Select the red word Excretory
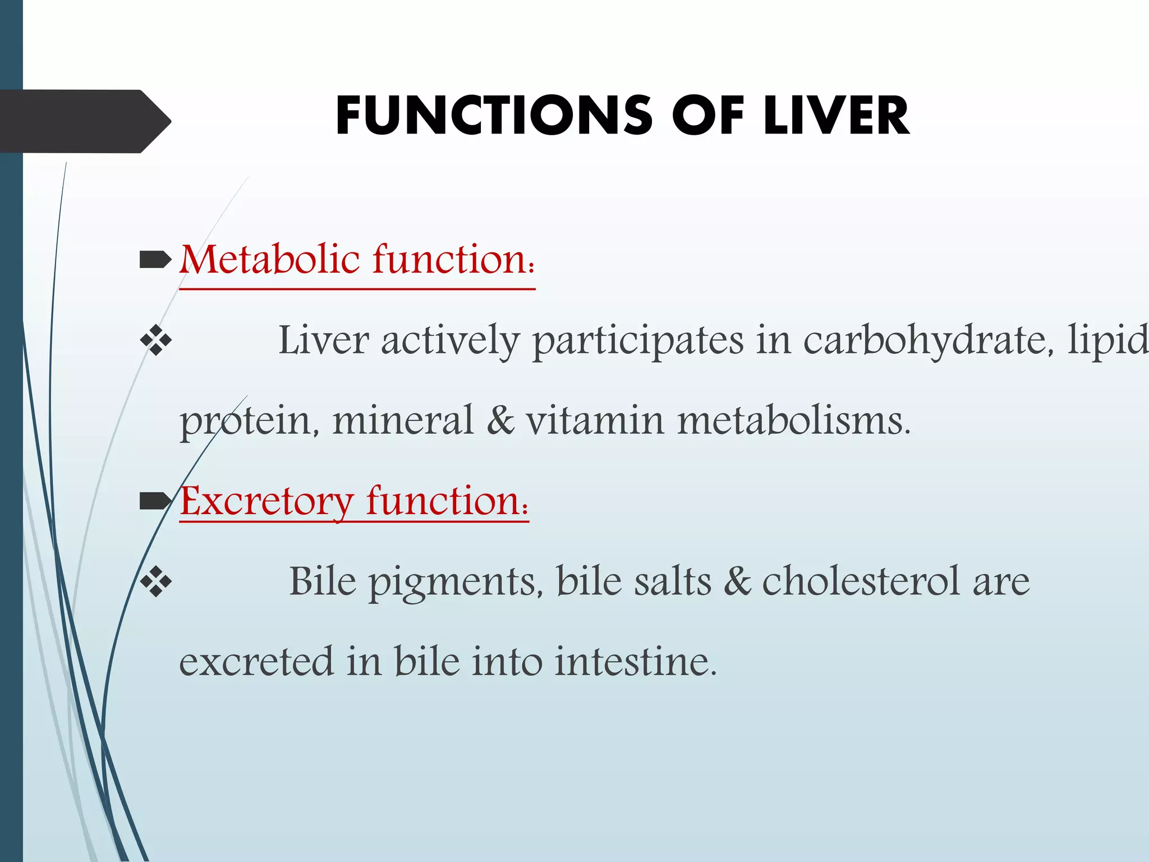[x=266, y=501]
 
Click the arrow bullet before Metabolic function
[x=155, y=259]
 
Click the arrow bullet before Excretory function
[x=155, y=501]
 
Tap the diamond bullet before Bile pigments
[x=156, y=582]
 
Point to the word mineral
[x=403, y=421]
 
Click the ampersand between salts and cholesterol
[x=737, y=581]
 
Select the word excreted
[x=256, y=662]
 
